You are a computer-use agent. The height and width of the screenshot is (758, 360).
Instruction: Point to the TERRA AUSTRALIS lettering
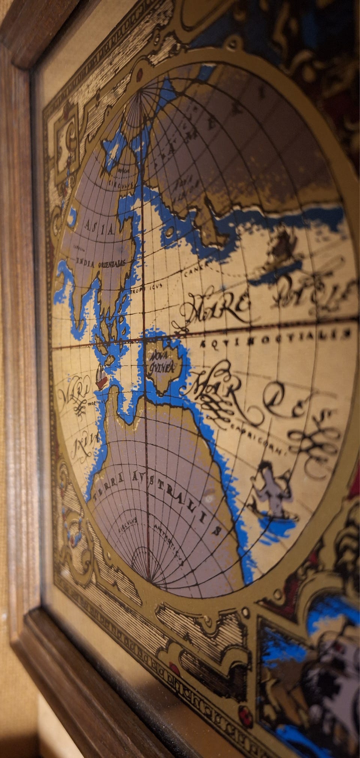coord(157,495)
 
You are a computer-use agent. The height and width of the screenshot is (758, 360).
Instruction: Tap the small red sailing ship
coord(101,377)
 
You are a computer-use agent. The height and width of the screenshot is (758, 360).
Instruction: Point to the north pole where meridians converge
coord(141,92)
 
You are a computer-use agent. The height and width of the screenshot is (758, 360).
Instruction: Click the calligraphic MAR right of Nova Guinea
coord(217,392)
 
